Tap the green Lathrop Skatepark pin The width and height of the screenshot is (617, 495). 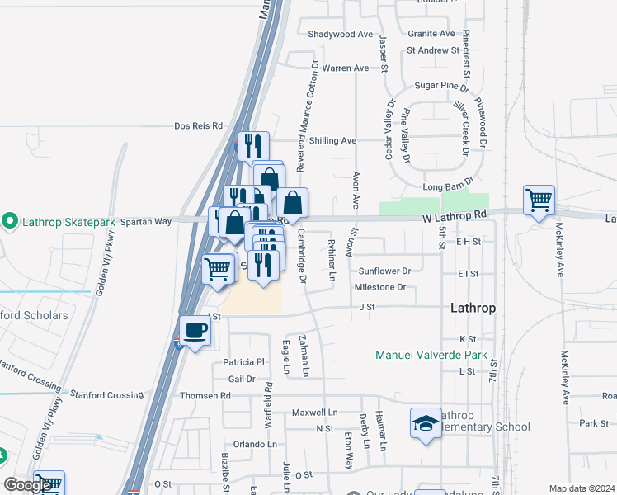pos(9,220)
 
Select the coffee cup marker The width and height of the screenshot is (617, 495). pos(195,331)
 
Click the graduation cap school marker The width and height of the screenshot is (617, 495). pos(426,424)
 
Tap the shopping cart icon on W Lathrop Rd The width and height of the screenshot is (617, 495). pos(539,200)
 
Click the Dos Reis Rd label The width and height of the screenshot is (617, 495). pos(199,126)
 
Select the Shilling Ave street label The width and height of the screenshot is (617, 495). pos(333,141)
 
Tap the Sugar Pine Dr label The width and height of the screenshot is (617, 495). pos(441,85)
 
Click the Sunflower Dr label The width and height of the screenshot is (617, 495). pos(384,271)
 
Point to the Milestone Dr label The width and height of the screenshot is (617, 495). pos(380,287)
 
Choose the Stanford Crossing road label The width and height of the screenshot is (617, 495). pos(106,395)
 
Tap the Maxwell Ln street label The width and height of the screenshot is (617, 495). pos(315,412)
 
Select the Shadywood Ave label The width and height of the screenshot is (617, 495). pos(341,35)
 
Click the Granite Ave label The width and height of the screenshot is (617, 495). pos(431,34)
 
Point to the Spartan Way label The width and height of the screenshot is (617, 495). pos(145,221)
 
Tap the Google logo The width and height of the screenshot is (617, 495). pos(27,485)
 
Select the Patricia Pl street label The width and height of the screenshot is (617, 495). pos(243,362)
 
